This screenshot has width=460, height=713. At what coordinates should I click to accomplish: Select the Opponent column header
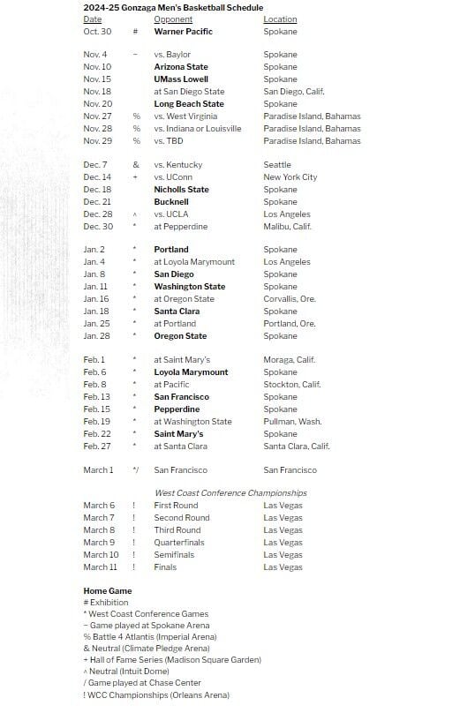(x=173, y=19)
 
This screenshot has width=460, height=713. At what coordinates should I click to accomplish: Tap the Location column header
(x=280, y=19)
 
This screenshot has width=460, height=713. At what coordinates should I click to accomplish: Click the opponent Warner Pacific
(x=183, y=32)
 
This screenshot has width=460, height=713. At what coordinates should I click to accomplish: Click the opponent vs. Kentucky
(x=178, y=165)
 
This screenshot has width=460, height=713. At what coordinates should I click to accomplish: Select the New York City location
(x=290, y=177)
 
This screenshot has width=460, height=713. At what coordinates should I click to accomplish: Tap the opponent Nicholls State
(x=181, y=190)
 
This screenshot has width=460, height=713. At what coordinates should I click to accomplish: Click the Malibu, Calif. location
(x=287, y=227)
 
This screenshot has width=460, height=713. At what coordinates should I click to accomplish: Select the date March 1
(x=98, y=470)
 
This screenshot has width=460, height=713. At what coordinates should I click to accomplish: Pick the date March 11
(x=101, y=567)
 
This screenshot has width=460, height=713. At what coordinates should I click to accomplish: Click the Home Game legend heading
(x=108, y=591)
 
